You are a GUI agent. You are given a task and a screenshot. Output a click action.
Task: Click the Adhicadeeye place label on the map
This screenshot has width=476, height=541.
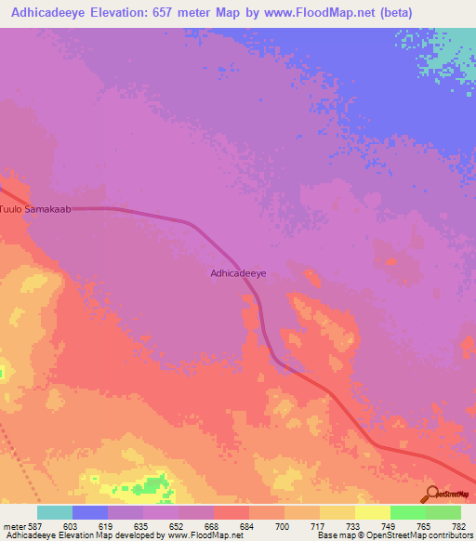(x=239, y=273)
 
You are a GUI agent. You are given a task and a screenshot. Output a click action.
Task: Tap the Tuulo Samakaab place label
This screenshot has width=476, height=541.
(x=35, y=209)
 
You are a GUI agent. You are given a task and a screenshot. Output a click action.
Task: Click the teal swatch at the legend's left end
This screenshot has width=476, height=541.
(x=55, y=512)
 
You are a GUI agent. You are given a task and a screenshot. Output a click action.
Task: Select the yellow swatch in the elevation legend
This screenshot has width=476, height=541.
(x=372, y=512)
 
